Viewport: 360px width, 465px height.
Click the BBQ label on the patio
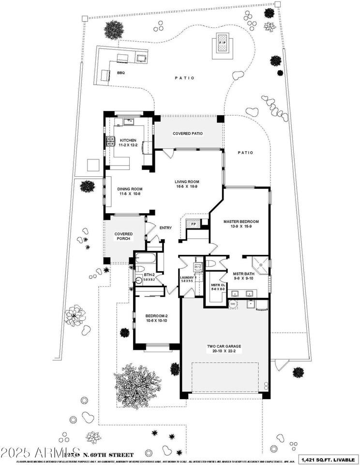coord(120,73)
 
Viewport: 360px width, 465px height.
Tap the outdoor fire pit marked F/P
coord(223,43)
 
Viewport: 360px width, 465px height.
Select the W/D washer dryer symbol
coord(198,266)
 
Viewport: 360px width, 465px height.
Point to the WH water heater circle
coord(232,304)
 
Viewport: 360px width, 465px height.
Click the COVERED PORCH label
coord(123,236)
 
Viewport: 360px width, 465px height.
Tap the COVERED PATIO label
coord(187,134)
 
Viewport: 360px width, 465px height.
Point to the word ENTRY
coord(166,228)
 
